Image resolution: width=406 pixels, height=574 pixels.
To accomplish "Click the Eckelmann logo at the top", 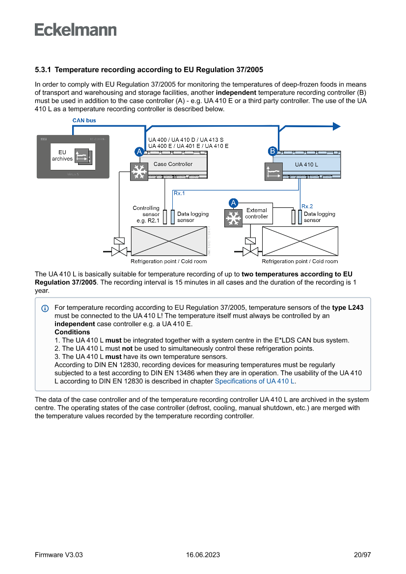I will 76,30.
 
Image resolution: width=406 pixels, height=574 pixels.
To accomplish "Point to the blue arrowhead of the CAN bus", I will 336,126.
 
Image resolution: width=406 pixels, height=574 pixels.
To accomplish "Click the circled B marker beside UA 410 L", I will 272,151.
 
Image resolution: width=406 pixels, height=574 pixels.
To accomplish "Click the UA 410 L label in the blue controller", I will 306,164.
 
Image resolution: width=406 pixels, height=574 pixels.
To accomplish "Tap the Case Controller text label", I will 173,164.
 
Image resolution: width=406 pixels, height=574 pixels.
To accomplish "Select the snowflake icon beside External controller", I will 233,218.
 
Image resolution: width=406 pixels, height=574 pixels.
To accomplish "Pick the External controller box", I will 257,214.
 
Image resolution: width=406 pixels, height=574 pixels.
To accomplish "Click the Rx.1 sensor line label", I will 179,193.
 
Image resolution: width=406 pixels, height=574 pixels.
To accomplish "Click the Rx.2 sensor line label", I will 307,206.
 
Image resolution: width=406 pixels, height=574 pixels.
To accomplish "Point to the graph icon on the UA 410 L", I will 273,172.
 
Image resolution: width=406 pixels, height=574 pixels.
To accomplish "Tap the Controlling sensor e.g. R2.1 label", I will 146,214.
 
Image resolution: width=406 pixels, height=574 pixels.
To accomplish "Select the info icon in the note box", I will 45,308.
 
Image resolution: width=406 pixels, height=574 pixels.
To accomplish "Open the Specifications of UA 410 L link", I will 255,381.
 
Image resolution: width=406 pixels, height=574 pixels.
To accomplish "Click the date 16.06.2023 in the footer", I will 203,555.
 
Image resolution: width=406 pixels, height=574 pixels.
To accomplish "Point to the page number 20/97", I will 362,555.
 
